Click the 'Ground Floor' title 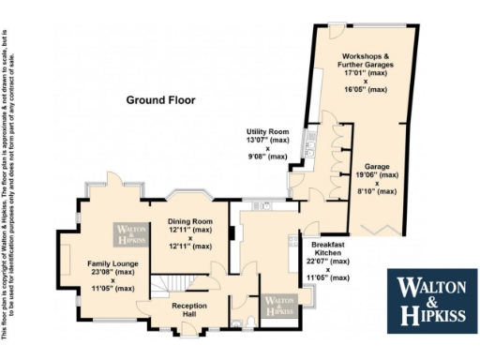click(x=161, y=98)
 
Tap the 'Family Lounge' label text click(x=112, y=264)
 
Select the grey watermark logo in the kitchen click(x=277, y=306)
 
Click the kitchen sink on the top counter click(x=265, y=205)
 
